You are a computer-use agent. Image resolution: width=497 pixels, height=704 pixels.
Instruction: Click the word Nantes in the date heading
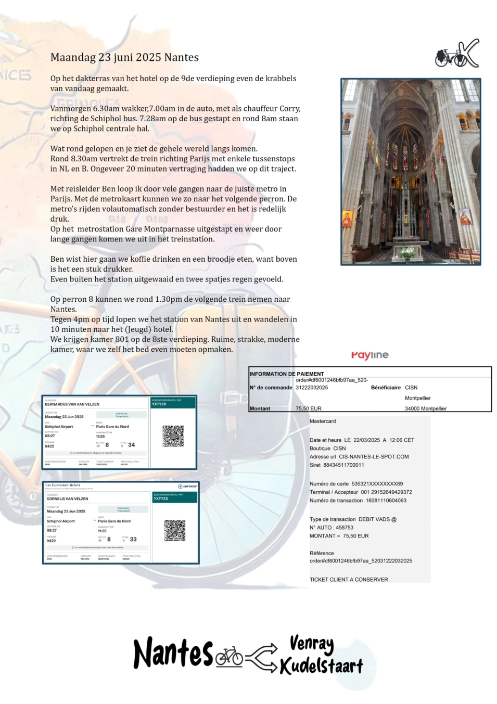click(181, 57)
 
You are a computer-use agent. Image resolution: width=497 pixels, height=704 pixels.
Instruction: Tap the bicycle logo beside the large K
click(449, 57)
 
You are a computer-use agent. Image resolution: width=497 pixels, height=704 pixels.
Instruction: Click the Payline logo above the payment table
click(369, 355)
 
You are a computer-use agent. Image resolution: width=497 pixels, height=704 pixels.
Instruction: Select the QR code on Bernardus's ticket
click(173, 436)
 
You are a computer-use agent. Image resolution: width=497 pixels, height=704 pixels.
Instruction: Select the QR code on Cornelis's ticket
click(175, 530)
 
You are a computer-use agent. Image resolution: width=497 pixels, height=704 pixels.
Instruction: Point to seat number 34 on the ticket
click(131, 445)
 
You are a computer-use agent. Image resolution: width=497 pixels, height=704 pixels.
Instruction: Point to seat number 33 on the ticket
click(133, 540)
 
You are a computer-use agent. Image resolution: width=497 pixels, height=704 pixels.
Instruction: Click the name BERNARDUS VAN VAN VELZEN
click(72, 404)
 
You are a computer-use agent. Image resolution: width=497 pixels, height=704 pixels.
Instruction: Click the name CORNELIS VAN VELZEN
click(67, 499)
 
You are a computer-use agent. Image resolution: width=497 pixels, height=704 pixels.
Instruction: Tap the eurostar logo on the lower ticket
click(188, 486)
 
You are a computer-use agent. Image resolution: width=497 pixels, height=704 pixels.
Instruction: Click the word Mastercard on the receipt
click(323, 421)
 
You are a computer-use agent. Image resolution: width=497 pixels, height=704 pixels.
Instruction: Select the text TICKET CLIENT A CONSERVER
click(349, 580)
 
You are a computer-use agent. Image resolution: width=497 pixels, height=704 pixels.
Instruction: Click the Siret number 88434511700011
click(343, 465)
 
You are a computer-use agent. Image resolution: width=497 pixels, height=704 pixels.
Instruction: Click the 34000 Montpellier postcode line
click(426, 408)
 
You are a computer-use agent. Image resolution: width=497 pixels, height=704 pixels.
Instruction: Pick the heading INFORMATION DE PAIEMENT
click(287, 374)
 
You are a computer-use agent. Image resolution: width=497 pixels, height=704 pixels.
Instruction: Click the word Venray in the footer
click(311, 644)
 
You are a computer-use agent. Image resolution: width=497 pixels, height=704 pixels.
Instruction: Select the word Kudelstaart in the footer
click(321, 666)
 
